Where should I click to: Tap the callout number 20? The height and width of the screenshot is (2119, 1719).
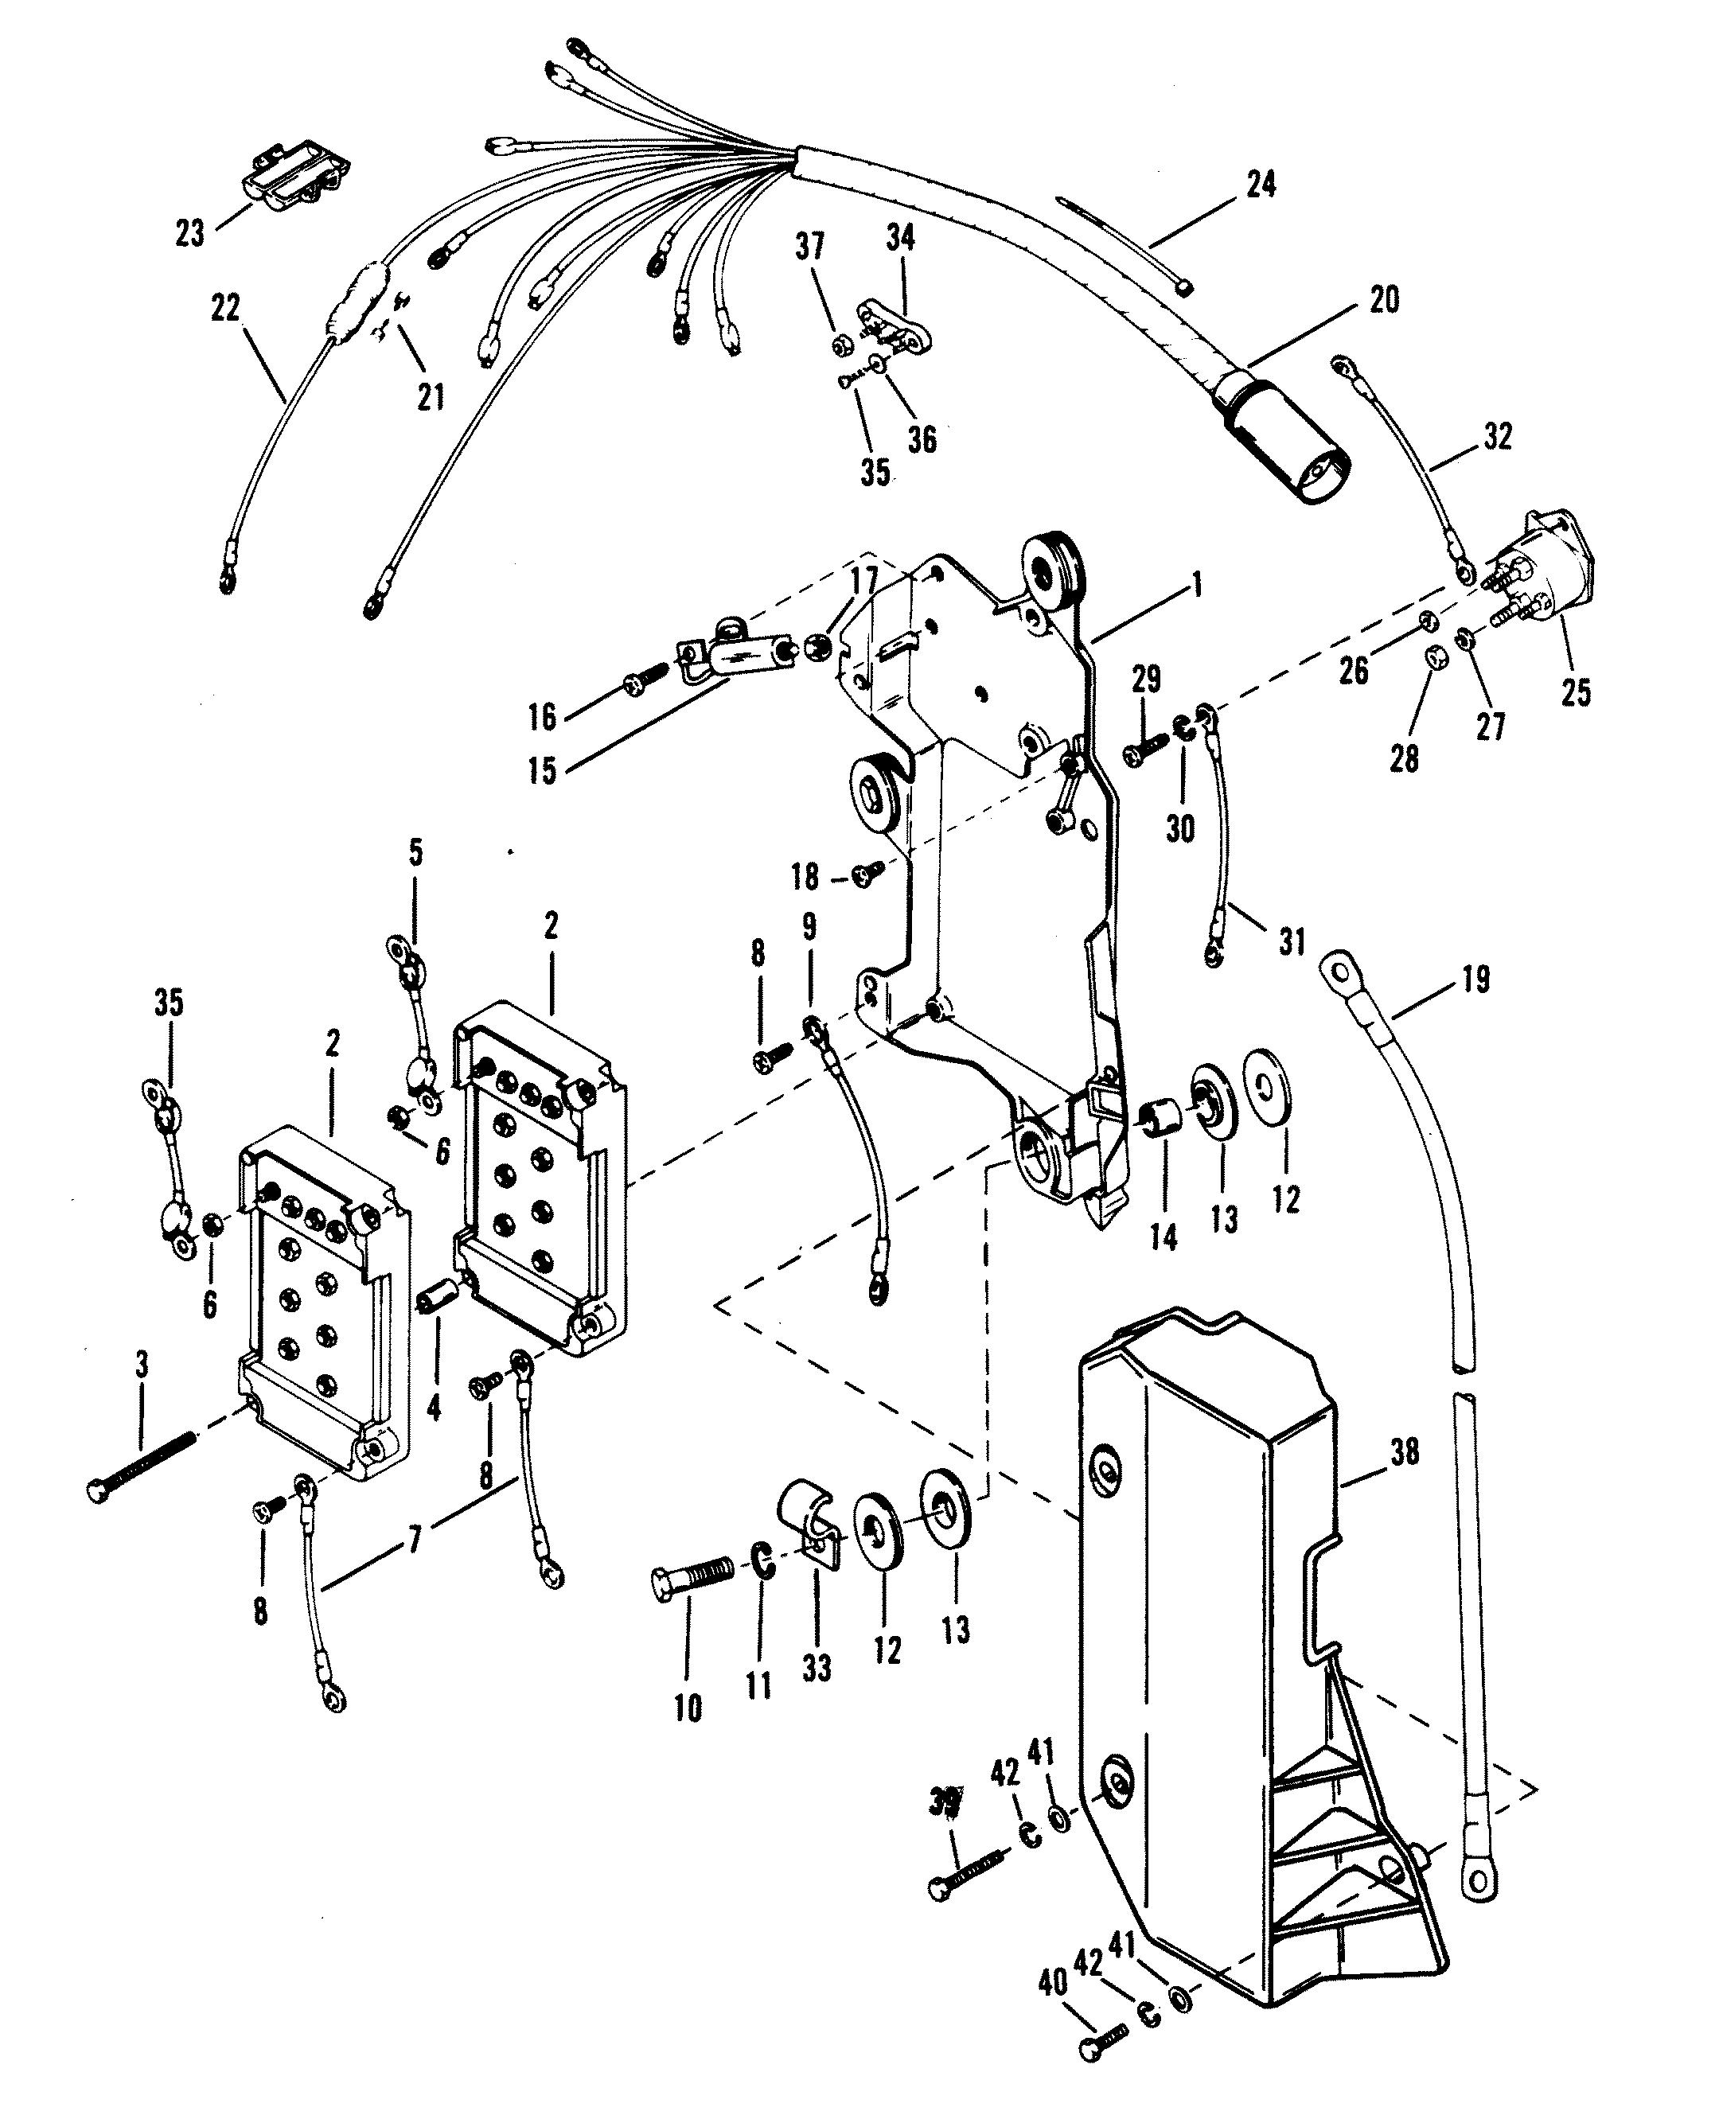pyautogui.click(x=1383, y=299)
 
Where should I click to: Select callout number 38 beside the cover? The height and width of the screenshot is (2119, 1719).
pyautogui.click(x=1404, y=1453)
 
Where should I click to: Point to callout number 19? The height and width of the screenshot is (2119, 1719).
pyautogui.click(x=1475, y=980)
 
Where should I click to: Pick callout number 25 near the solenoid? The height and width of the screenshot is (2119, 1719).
pyautogui.click(x=1576, y=692)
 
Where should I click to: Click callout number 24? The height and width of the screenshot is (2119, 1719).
pyautogui.click(x=1261, y=183)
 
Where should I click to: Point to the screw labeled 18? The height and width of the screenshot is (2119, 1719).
pyautogui.click(x=868, y=872)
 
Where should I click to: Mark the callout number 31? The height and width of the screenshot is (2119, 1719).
pyautogui.click(x=1292, y=940)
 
